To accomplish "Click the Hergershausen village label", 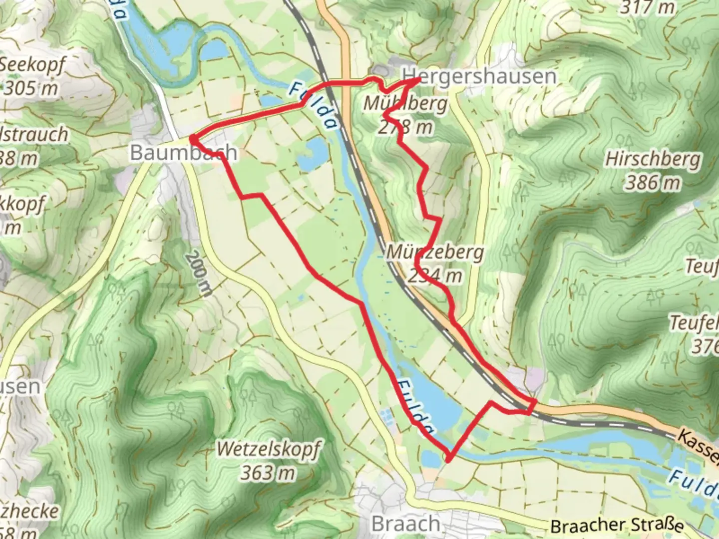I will pyautogui.click(x=482, y=76).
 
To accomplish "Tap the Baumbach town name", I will pyautogui.click(x=183, y=152).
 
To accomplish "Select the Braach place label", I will pyautogui.click(x=406, y=524).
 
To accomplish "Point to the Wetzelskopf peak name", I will pyautogui.click(x=269, y=449).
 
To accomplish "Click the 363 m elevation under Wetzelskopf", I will pyautogui.click(x=268, y=472).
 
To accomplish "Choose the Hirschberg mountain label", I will pyautogui.click(x=653, y=159).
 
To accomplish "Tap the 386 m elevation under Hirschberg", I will pyautogui.click(x=653, y=183).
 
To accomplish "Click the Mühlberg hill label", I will pyautogui.click(x=405, y=104).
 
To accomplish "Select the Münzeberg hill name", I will pyautogui.click(x=435, y=252).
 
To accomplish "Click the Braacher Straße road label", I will pyautogui.click(x=616, y=526).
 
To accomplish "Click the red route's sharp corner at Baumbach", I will pyautogui.click(x=191, y=138).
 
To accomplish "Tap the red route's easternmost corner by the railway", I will pyautogui.click(x=535, y=401).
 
